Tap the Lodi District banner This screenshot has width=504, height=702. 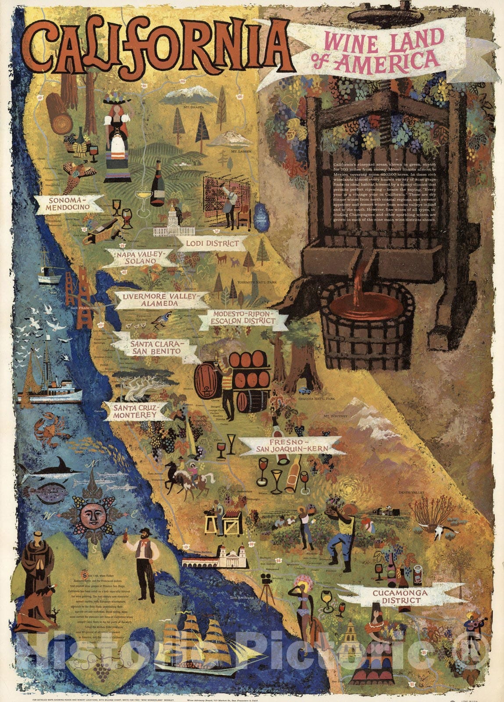click(x=212, y=243)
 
